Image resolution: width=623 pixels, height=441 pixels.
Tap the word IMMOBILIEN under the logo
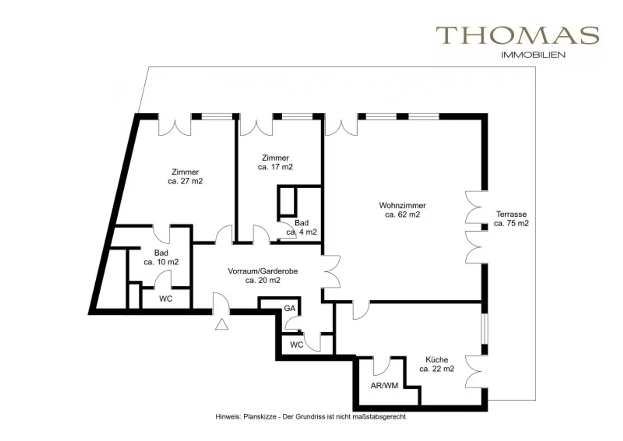click(x=533, y=55)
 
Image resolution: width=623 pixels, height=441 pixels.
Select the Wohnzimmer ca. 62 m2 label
click(x=402, y=210)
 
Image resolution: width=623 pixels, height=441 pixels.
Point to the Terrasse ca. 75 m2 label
click(x=511, y=219)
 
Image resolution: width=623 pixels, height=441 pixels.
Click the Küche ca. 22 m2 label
click(x=437, y=364)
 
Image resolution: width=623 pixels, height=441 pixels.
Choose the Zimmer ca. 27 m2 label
click(x=185, y=176)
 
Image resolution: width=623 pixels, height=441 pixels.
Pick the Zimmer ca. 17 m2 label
click(x=275, y=162)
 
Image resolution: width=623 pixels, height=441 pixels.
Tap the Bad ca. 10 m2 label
click(x=161, y=257)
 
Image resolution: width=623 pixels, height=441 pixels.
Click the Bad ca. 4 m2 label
click(x=302, y=227)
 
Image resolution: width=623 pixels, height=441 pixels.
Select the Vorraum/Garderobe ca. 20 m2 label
click(x=263, y=275)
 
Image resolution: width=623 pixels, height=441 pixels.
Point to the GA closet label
click(x=290, y=308)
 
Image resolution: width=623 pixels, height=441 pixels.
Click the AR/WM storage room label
click(x=385, y=385)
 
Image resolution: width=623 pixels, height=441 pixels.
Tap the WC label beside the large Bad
click(x=166, y=299)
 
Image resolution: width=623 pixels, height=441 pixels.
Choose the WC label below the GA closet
click(x=296, y=345)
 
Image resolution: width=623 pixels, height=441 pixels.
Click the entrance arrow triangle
click(x=222, y=325)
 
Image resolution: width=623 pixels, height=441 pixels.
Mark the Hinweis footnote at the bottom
click(x=311, y=417)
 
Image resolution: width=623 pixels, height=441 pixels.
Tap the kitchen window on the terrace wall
click(x=485, y=329)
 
